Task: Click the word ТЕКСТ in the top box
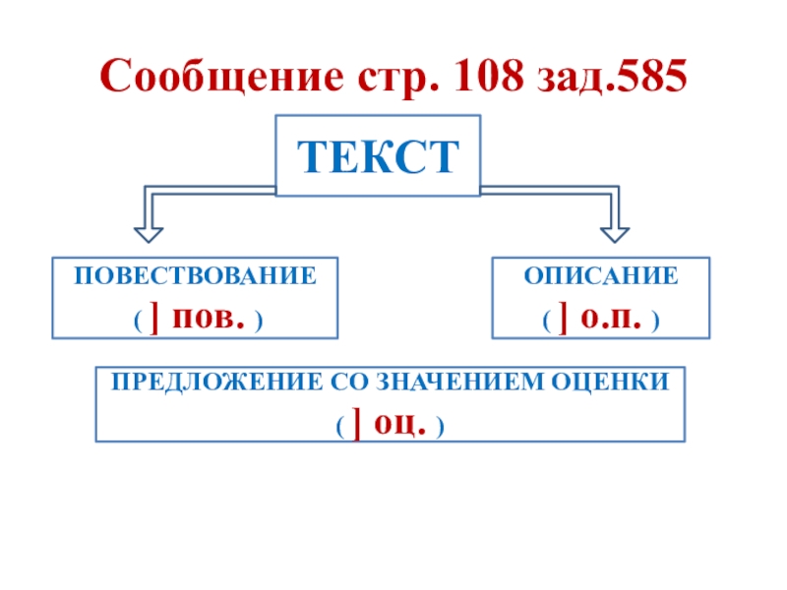coord(379,155)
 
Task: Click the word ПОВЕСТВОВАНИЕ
coord(195,275)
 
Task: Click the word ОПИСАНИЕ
coord(601,275)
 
